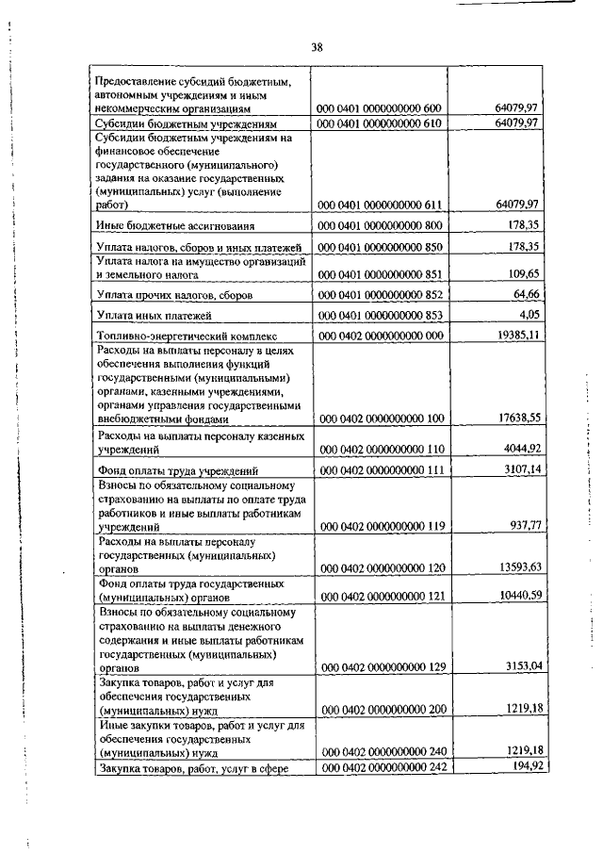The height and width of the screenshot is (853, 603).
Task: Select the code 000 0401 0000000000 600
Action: [x=382, y=109]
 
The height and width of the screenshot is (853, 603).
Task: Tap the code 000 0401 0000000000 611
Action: [x=382, y=204]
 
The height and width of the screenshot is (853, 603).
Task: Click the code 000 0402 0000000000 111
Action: [x=382, y=469]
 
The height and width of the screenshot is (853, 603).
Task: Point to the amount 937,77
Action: [x=518, y=526]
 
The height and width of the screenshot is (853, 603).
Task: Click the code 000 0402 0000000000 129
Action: [x=382, y=667]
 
